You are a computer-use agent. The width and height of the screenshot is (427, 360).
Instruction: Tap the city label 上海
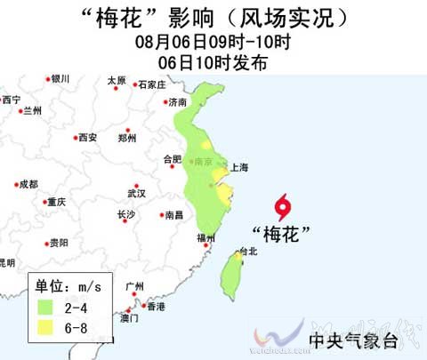[x=239, y=167]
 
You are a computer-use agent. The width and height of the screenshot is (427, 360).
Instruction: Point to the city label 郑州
[x=128, y=138]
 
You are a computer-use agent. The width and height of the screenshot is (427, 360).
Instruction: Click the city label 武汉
[x=136, y=192]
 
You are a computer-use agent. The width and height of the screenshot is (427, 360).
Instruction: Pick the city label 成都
[x=28, y=184]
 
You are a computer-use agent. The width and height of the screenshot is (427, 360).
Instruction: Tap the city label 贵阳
[x=59, y=243]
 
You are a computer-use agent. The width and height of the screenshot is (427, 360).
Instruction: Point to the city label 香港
[x=157, y=307]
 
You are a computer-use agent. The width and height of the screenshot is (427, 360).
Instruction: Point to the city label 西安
[x=87, y=138]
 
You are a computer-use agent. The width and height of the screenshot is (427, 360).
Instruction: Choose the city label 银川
[x=60, y=79]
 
